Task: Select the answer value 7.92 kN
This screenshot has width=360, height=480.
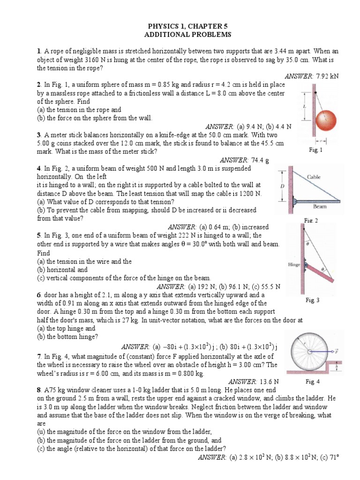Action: [327, 76]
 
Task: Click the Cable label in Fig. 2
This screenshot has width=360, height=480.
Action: [314, 177]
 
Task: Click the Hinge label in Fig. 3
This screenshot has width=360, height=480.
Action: [294, 264]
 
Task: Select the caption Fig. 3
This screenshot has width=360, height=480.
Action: [312, 300]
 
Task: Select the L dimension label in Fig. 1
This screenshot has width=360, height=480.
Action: [305, 107]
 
